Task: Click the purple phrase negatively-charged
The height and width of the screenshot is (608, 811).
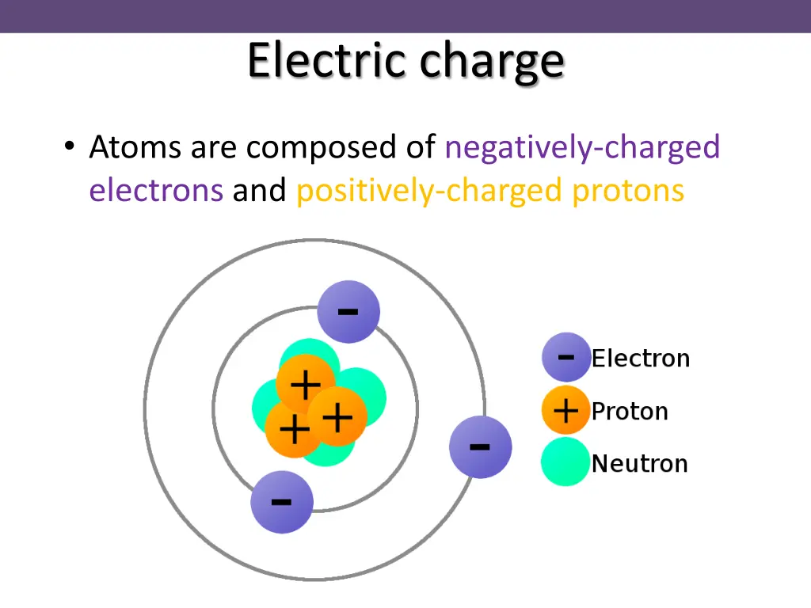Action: click(582, 148)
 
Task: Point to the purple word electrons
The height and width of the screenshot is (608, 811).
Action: click(156, 191)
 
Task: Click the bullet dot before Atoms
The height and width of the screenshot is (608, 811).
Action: click(70, 147)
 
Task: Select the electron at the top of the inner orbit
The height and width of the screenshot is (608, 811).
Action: click(348, 312)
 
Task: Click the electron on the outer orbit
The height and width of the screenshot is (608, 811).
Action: click(480, 447)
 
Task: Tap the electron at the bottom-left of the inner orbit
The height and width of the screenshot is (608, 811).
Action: click(282, 502)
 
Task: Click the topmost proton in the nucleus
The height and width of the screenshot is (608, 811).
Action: click(306, 385)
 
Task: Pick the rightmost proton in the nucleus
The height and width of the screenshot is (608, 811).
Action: click(337, 416)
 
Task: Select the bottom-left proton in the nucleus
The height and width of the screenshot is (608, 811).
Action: click(294, 431)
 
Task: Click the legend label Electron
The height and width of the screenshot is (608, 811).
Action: click(641, 359)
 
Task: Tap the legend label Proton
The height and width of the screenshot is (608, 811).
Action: click(630, 412)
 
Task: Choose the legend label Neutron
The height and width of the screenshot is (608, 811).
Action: click(639, 463)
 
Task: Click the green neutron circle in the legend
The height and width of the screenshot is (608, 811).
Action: click(565, 462)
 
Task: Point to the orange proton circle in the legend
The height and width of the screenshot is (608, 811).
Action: click(565, 411)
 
